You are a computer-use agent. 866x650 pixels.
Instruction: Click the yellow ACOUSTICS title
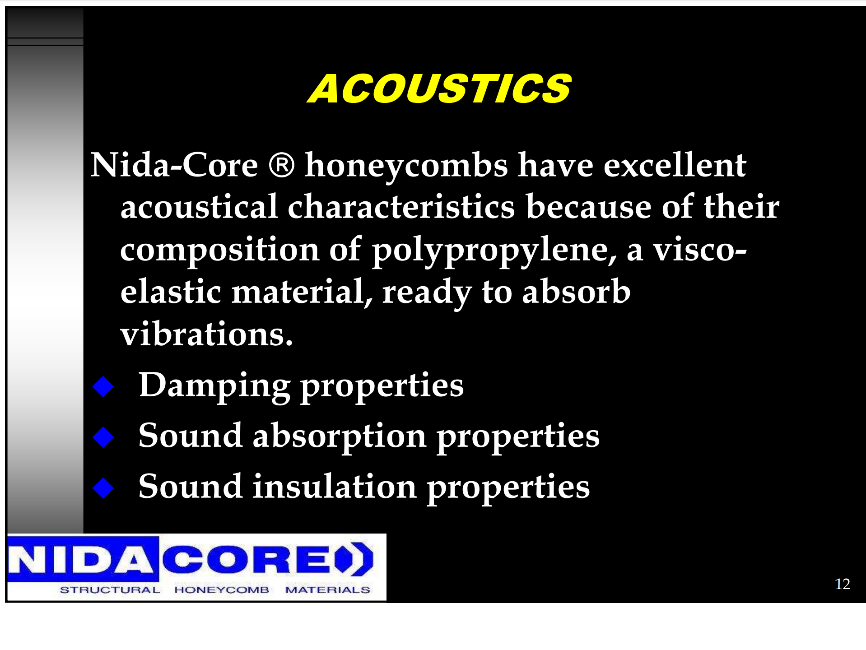[439, 88]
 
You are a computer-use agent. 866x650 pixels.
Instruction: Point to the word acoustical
[199, 207]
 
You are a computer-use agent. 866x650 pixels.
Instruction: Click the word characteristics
[401, 207]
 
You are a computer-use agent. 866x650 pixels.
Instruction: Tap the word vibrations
[206, 334]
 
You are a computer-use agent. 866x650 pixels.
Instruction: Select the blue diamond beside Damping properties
[103, 387]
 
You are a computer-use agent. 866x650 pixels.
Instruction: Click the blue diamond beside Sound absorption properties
[103, 437]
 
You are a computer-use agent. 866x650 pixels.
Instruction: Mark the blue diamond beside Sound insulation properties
[103, 488]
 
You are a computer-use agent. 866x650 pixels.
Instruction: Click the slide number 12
[843, 584]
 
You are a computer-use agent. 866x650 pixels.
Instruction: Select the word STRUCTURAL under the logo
[110, 590]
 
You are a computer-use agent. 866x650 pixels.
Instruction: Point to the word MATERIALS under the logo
[327, 590]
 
